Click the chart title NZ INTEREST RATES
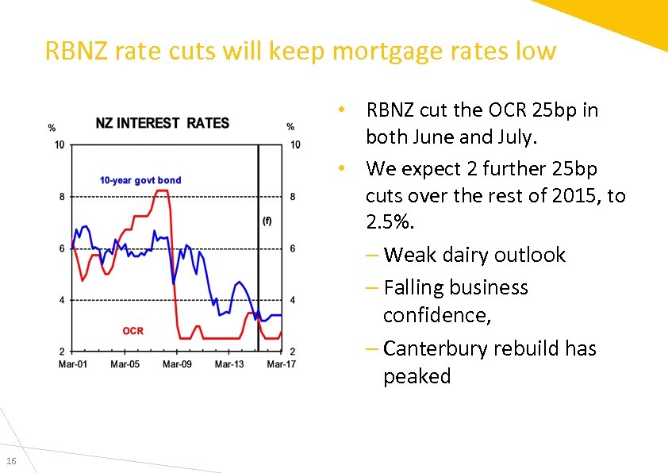162,123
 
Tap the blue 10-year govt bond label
140,180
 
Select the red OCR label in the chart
132,330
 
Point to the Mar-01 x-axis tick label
73,364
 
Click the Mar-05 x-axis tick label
125,364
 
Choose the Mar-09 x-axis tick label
177,364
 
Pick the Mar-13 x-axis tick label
229,364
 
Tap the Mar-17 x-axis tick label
281,364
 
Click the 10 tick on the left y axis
60,144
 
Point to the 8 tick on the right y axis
293,197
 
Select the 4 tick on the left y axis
62,300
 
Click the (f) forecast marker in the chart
267,221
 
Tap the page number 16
11,462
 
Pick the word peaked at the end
417,376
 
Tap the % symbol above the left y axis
52,127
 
